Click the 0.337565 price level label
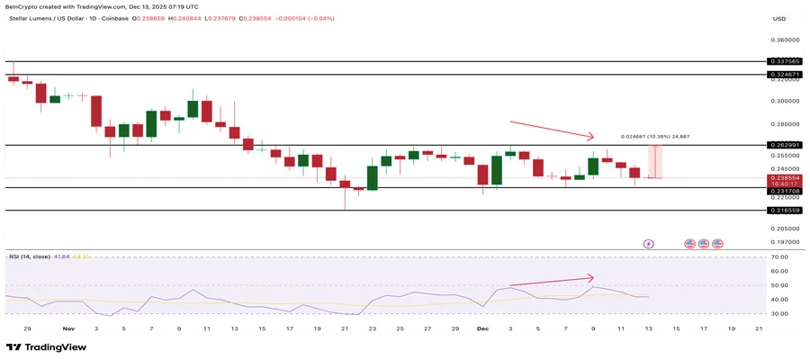784,61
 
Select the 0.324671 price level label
784,75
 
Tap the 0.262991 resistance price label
784,145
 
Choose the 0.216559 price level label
784,210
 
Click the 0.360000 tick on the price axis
784,40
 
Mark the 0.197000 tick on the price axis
784,242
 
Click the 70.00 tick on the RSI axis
779,257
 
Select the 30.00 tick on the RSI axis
779,313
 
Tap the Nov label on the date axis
69,330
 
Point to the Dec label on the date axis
481,330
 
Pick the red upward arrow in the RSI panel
551,281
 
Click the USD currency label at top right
779,18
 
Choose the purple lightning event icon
649,243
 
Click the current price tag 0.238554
784,178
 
